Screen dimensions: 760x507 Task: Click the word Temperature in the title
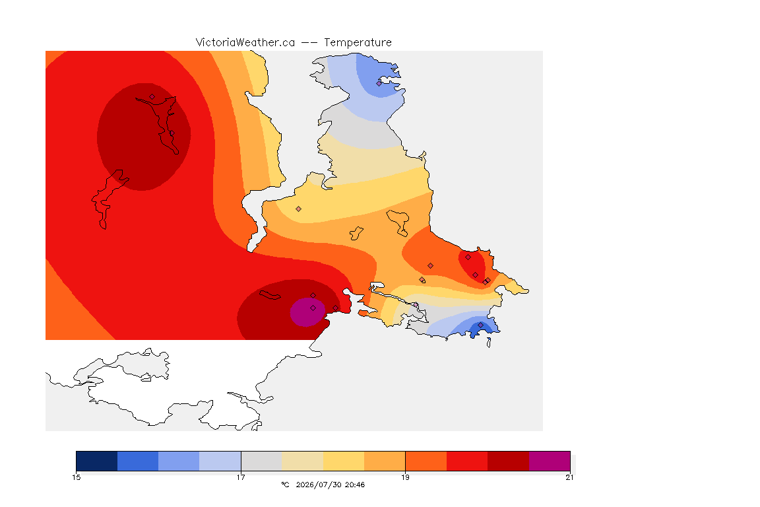(x=358, y=43)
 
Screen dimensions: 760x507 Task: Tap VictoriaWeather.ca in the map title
(x=245, y=43)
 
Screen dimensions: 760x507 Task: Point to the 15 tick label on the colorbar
(x=76, y=477)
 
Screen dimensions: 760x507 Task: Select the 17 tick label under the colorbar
(x=241, y=477)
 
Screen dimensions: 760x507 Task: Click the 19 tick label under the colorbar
(x=405, y=477)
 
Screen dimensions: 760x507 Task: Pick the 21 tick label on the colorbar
(x=569, y=477)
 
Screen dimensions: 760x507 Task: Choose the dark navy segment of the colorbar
(x=97, y=461)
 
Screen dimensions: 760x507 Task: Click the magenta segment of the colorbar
(x=549, y=461)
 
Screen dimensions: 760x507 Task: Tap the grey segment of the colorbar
(x=261, y=461)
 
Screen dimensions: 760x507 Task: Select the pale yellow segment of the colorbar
(x=344, y=461)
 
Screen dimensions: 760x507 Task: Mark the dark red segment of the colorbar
(x=508, y=461)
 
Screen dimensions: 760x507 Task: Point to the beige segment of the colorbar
(x=302, y=461)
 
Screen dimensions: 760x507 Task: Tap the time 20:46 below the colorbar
(x=355, y=485)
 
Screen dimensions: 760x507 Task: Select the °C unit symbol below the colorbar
(x=285, y=485)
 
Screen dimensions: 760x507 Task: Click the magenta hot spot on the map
(x=307, y=312)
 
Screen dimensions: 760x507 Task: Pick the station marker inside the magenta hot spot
(x=313, y=308)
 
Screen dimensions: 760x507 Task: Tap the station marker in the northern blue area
(x=379, y=83)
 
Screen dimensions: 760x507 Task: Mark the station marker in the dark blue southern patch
(x=480, y=325)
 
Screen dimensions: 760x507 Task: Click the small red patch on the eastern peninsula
(x=472, y=266)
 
